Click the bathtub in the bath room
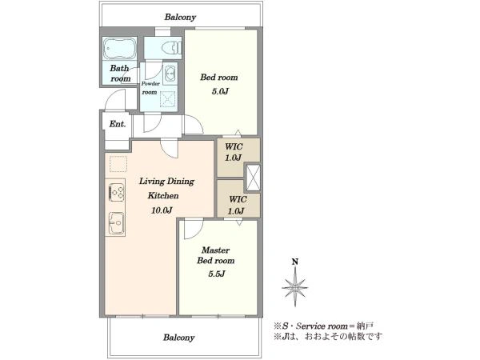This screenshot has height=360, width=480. coord(119,49)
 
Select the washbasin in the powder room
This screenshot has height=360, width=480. coord(170,74)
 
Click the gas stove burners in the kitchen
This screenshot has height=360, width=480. coord(116,190)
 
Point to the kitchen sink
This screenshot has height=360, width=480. coord(116,223)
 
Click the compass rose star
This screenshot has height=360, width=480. coord(294,287)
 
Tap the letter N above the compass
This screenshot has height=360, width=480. coord(294,262)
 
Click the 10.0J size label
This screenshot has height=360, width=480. coord(162,210)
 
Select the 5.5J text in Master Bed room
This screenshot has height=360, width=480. coord(216,274)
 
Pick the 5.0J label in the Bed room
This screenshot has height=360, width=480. coord(220,91)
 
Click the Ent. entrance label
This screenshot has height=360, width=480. coord(118,124)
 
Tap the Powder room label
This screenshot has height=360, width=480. coord(150,88)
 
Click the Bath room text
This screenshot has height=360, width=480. coord(120,73)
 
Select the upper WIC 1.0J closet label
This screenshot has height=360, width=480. coord(234,152)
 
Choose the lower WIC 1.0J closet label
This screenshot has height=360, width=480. coord(237,205)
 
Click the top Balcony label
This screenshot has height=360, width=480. coord(180,17)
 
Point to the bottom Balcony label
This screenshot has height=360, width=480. coord(178,338)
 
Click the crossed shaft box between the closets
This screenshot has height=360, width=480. coord(253,178)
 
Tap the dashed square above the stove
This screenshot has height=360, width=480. coord(118,164)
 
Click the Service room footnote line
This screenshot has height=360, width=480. coord(323,326)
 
